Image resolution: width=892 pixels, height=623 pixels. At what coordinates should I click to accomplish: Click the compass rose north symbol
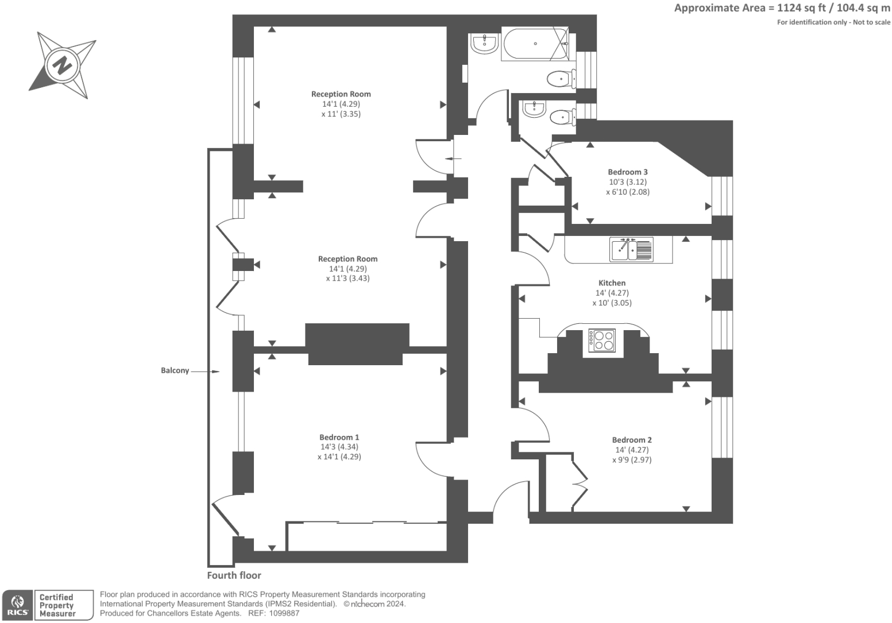click(x=62, y=65)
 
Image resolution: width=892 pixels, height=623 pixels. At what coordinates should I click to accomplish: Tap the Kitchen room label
click(x=612, y=283)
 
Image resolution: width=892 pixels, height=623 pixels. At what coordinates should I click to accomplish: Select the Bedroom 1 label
click(x=339, y=438)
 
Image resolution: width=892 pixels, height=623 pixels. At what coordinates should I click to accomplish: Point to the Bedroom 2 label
click(x=632, y=440)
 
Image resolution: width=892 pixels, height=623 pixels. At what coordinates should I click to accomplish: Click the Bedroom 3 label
click(x=628, y=172)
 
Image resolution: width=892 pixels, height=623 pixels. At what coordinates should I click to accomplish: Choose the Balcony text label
click(x=175, y=371)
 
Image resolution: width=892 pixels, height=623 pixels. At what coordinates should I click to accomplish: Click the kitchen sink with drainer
click(x=631, y=250)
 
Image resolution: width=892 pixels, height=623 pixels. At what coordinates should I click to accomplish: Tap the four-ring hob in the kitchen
click(x=602, y=340)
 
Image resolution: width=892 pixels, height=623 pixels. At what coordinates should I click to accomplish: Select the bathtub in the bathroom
click(x=535, y=44)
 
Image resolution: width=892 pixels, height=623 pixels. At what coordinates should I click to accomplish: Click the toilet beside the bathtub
click(x=561, y=78)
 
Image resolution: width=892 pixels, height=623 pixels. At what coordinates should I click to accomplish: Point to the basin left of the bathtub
click(x=484, y=43)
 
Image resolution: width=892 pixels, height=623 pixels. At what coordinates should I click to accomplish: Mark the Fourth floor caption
click(x=234, y=575)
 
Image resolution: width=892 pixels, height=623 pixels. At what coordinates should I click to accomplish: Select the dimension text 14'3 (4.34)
click(x=339, y=447)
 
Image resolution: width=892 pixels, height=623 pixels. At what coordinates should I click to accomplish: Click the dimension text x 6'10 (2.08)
click(x=628, y=192)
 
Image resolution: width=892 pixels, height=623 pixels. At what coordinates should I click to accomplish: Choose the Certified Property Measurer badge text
click(x=57, y=605)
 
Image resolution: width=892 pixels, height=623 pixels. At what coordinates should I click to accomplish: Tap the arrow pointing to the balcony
click(x=205, y=372)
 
